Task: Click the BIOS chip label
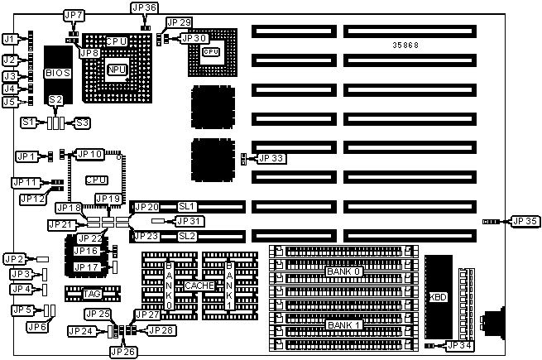point(57,72)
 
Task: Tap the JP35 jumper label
point(525,221)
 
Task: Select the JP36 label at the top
point(144,7)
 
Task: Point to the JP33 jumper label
point(271,158)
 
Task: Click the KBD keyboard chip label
point(437,297)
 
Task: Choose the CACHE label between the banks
point(199,285)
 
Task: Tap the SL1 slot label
point(186,205)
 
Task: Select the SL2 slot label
point(186,236)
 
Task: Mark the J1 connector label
point(10,39)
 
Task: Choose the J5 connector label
point(10,102)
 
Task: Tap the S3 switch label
point(81,122)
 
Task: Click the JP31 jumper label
point(190,221)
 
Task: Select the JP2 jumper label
point(14,260)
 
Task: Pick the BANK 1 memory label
point(343,324)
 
